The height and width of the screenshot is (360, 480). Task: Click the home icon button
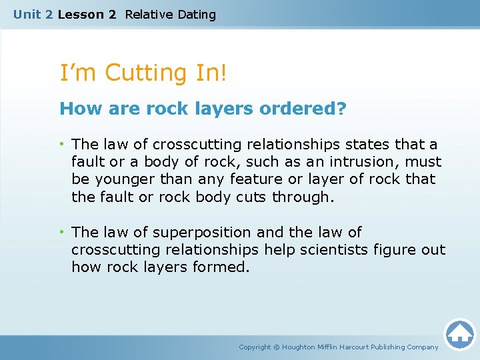coord(459,334)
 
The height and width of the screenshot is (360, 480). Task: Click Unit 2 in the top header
coord(33,14)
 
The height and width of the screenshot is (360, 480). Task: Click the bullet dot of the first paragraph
coord(63,145)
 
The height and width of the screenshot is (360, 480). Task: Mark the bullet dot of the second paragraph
coord(63,233)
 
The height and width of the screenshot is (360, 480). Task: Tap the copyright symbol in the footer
coord(277,347)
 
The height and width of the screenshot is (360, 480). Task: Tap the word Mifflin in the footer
coord(331,347)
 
